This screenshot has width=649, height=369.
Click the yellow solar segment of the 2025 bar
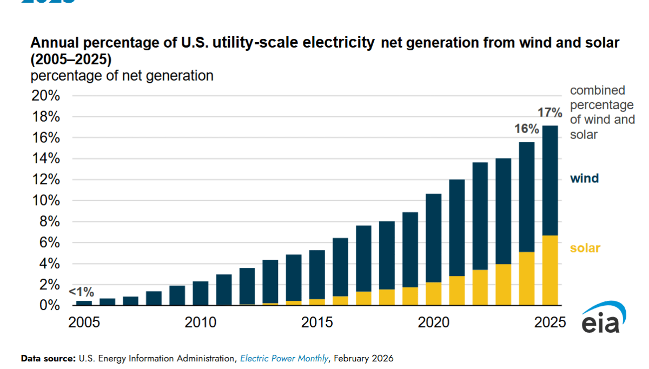coord(550,271)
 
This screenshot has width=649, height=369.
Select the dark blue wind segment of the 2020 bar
coord(433,238)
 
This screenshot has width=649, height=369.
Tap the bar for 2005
coord(84,303)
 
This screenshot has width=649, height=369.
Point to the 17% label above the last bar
coord(550,113)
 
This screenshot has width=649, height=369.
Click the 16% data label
coord(526,129)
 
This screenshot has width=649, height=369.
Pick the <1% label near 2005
coord(81,292)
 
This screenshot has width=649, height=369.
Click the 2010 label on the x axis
coord(200,323)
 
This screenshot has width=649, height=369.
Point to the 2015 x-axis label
coord(317,323)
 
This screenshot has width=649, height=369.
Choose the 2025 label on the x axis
coord(550,323)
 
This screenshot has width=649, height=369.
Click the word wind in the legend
coord(584,178)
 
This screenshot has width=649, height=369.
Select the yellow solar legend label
coord(585,248)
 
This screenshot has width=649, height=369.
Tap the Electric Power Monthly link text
coord(284,358)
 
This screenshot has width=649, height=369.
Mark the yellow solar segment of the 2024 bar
coord(527,279)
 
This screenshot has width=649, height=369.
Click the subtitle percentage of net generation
coord(122,76)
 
